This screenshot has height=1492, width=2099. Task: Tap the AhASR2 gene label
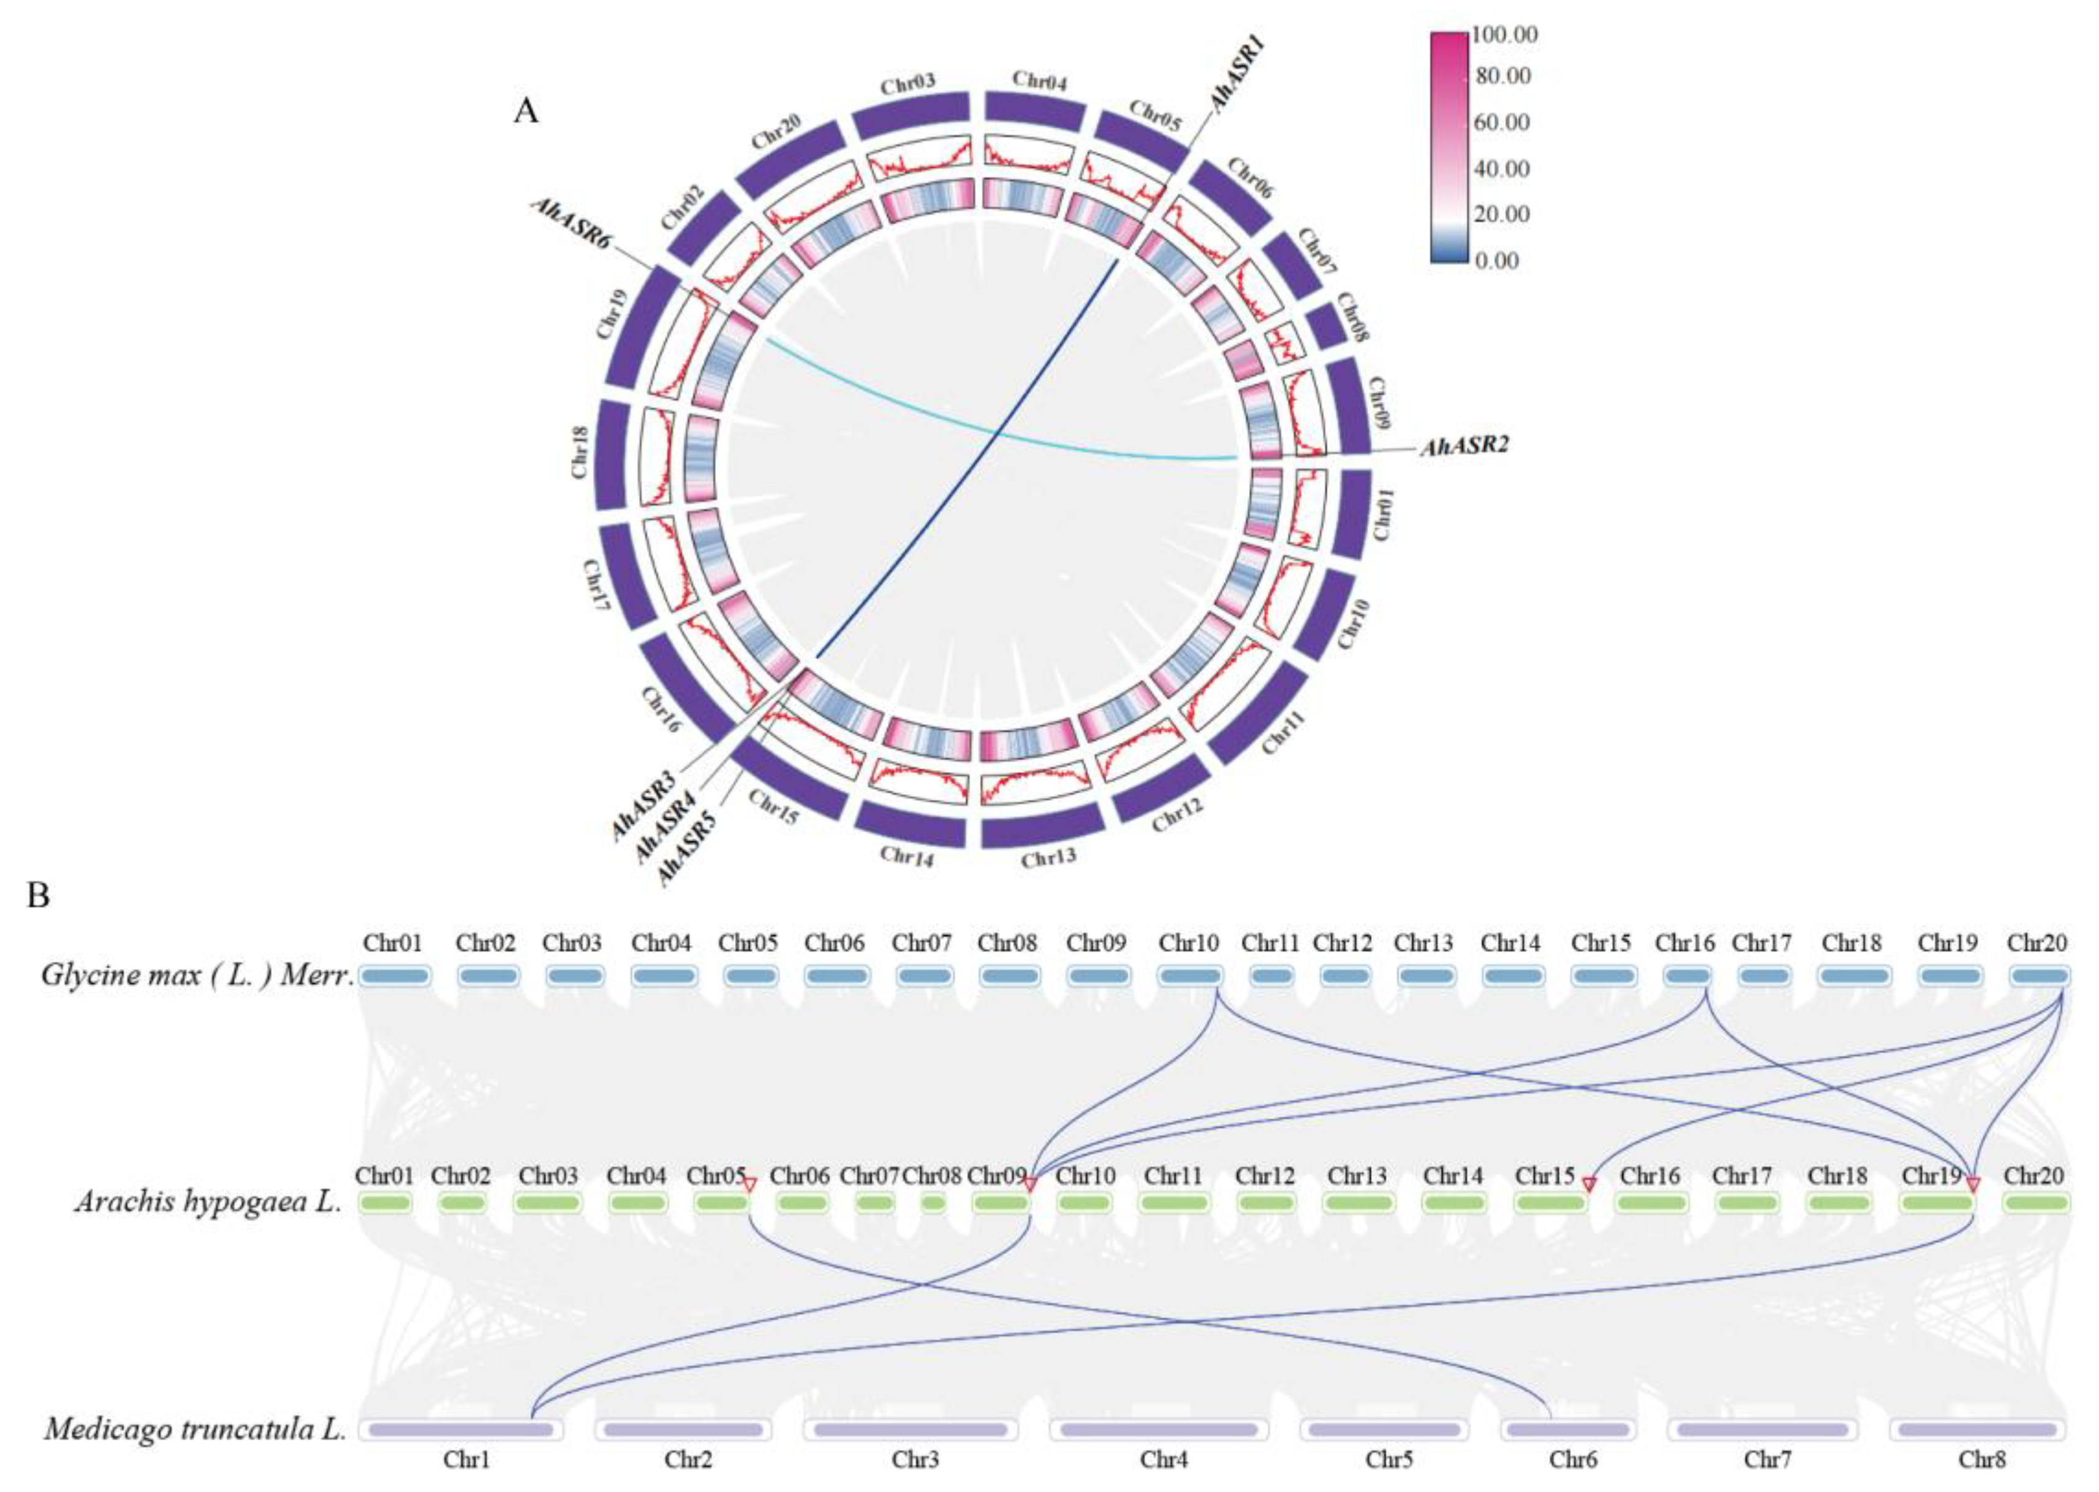coord(1464,447)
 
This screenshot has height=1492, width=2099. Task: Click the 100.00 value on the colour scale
coord(1505,35)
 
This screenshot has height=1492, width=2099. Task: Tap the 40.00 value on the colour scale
coord(1501,169)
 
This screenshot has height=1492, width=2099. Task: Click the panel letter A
coord(526,111)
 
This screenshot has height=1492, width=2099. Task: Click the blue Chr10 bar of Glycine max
coord(1189,976)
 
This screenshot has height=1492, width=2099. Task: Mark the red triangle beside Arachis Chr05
coord(749,1185)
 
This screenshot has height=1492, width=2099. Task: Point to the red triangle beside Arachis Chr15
coord(1588,1185)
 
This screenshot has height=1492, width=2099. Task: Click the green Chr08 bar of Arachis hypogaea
coord(933,1202)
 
